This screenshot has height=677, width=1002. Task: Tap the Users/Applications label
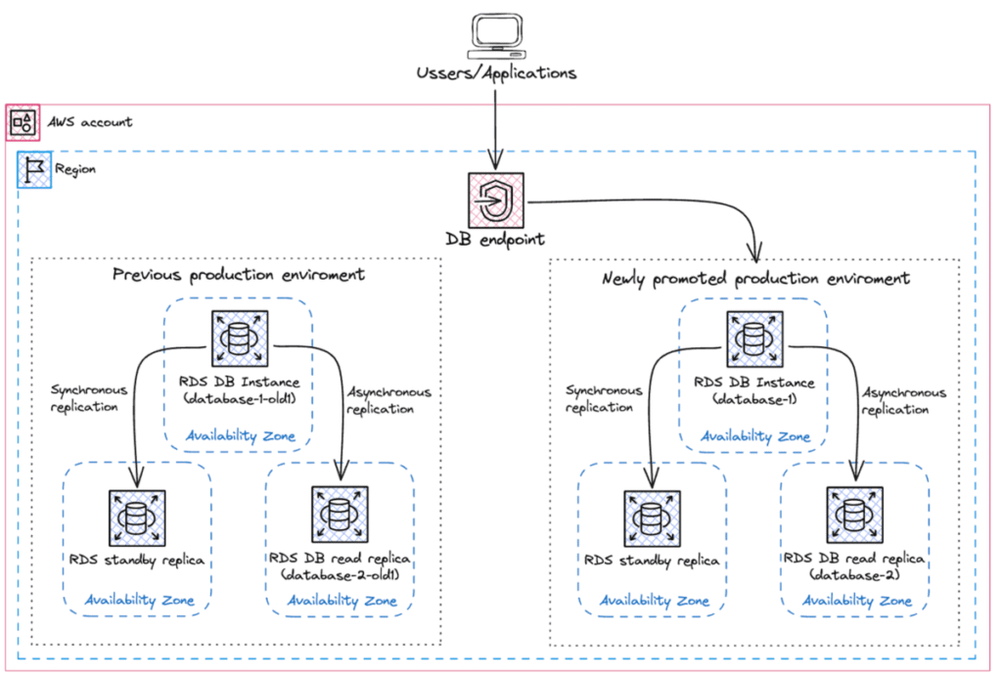click(x=495, y=72)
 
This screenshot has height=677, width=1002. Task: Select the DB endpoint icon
click(x=495, y=202)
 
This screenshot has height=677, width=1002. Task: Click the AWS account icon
click(x=23, y=122)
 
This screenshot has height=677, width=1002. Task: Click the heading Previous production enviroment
click(x=239, y=275)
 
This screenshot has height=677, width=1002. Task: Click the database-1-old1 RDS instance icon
click(x=240, y=340)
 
